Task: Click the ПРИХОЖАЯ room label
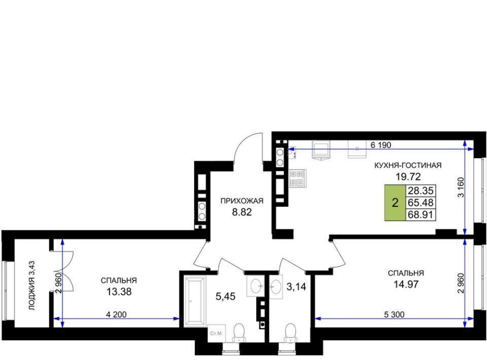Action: (241, 201)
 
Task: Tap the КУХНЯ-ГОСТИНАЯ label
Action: (408, 165)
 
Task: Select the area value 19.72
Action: (408, 176)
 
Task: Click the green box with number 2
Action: (395, 203)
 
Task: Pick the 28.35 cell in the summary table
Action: (421, 191)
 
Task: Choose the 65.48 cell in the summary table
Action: (421, 203)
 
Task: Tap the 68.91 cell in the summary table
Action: (421, 214)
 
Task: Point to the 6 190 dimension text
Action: (381, 145)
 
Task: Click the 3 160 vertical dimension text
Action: (461, 187)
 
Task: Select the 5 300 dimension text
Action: (394, 314)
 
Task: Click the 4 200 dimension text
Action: (116, 314)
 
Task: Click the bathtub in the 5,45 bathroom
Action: (195, 301)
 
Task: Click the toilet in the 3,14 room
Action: (290, 333)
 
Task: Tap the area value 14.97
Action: (406, 284)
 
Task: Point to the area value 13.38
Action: (119, 292)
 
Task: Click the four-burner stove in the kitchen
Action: (298, 178)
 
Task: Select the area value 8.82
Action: (241, 212)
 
